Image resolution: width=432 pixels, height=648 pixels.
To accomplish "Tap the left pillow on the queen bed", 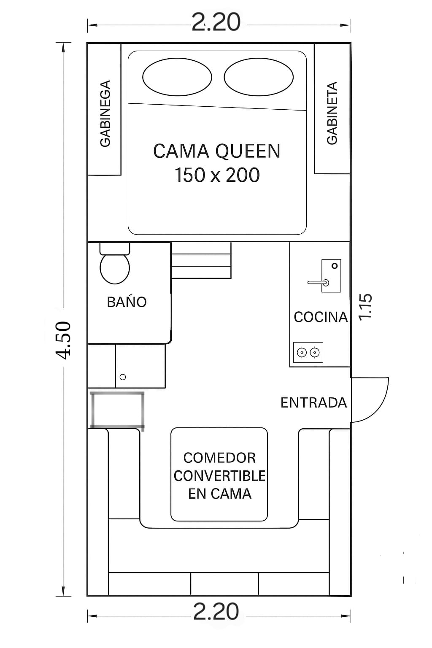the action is (x=177, y=77).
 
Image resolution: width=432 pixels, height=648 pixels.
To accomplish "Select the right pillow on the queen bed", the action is (x=259, y=77).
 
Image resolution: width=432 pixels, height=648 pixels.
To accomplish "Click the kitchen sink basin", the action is (x=331, y=275).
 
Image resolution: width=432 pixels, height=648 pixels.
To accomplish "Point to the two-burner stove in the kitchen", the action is (x=308, y=352).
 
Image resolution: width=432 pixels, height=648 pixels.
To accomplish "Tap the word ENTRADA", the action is (x=313, y=403).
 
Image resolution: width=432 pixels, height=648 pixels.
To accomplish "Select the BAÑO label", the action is (x=127, y=302).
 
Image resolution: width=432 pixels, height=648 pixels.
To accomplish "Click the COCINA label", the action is (x=321, y=317).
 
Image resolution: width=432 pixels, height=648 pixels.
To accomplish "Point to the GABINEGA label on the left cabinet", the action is (x=105, y=113).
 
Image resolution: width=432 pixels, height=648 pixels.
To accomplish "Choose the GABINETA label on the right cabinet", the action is (x=332, y=113).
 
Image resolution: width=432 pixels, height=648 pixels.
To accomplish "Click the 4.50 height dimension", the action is (x=63, y=340).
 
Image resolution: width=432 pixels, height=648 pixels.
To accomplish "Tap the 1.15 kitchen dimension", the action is (x=365, y=307).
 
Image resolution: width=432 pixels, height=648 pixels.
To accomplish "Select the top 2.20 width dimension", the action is (x=216, y=22).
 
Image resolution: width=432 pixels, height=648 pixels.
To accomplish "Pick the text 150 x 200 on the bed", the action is (x=217, y=175).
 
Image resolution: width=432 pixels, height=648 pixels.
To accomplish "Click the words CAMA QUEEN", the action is (x=217, y=151).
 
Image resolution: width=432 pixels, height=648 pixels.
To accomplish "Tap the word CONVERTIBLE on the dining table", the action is (x=220, y=476).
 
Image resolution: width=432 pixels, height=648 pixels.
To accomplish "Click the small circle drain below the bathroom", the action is (x=123, y=377).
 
